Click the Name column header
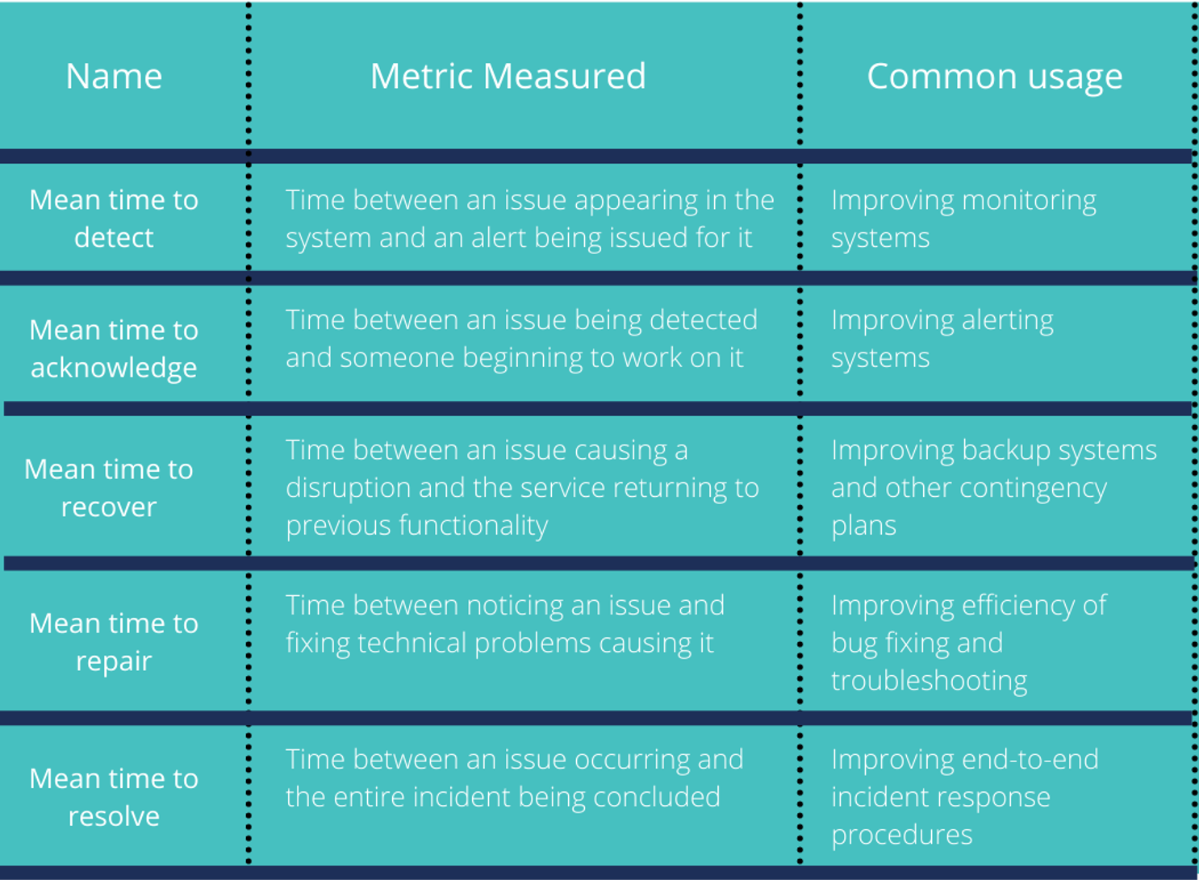pyautogui.click(x=114, y=76)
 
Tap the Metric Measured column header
pyautogui.click(x=508, y=76)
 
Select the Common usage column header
pyautogui.click(x=995, y=77)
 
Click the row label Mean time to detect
pyautogui.click(x=114, y=219)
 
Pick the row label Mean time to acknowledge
pyautogui.click(x=114, y=348)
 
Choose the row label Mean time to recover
pyautogui.click(x=109, y=488)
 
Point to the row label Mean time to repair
pyautogui.click(x=114, y=643)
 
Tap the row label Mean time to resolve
pyautogui.click(x=114, y=797)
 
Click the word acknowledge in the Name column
pyautogui.click(x=114, y=368)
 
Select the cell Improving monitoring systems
pyautogui.click(x=963, y=219)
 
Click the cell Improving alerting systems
pyautogui.click(x=942, y=339)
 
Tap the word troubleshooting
pyautogui.click(x=930, y=681)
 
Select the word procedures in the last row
pyautogui.click(x=902, y=836)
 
